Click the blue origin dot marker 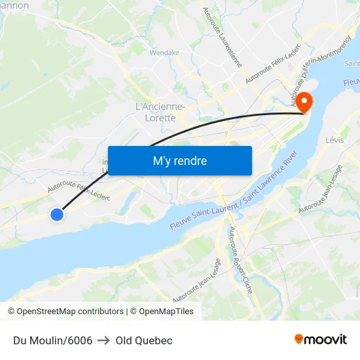(x=57, y=214)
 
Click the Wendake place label (x=164, y=53)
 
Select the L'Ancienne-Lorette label (x=160, y=112)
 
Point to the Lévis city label (x=334, y=141)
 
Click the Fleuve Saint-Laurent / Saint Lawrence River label (x=234, y=194)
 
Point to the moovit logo (x=320, y=339)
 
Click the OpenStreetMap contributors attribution (x=65, y=312)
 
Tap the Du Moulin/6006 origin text (x=52, y=340)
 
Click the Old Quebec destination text (x=144, y=340)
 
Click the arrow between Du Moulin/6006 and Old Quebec (x=104, y=340)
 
